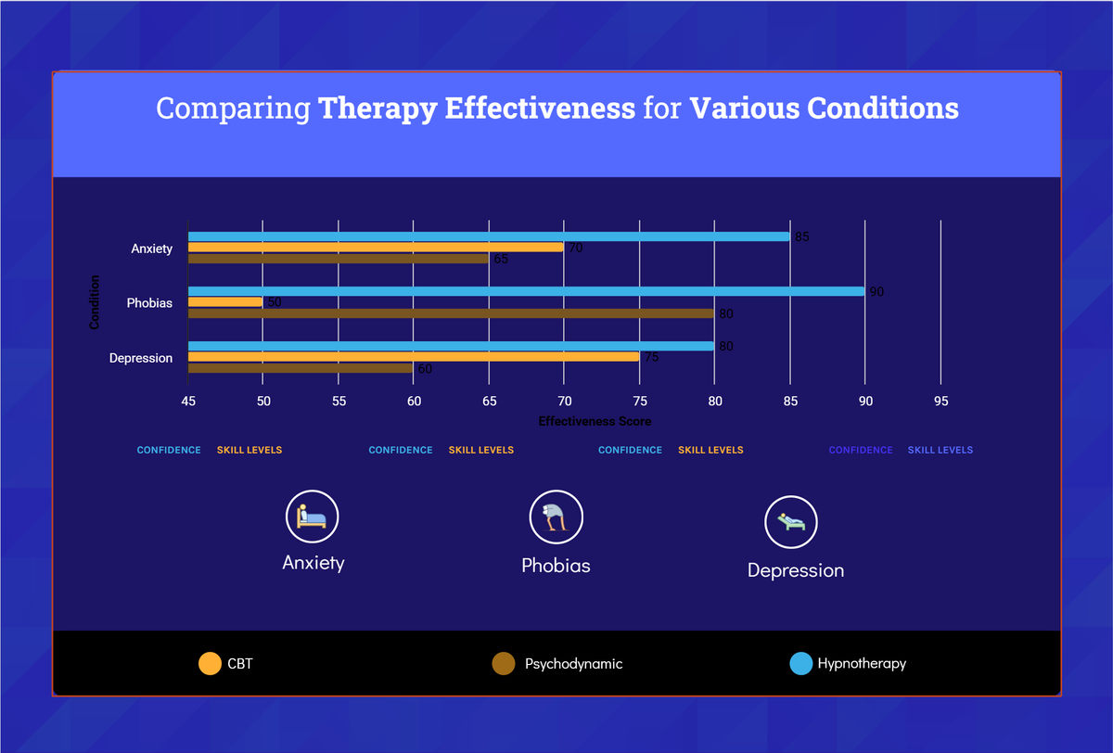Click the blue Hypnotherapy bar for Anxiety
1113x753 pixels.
[x=489, y=236]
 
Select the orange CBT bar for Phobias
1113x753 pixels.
[x=225, y=302]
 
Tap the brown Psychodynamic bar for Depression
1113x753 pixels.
[x=301, y=368]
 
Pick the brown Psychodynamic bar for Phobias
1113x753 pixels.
[x=451, y=313]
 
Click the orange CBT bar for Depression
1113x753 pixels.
[x=414, y=357]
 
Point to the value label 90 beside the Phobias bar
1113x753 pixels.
[x=876, y=292]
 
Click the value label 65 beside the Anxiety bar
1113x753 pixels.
[x=501, y=260]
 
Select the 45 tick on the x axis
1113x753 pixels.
[x=188, y=402]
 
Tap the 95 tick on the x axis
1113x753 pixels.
[x=940, y=402]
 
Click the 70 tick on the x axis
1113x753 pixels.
[x=564, y=402]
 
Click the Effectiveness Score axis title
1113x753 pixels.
[x=595, y=421]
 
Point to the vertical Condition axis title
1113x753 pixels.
[x=95, y=302]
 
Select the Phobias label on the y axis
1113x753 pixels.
[x=149, y=303]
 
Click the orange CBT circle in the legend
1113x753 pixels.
[x=210, y=664]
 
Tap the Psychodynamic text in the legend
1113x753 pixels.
[x=573, y=664]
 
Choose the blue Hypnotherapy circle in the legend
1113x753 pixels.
[x=801, y=664]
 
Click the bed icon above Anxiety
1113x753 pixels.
[x=313, y=517]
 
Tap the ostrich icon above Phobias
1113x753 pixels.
[x=556, y=517]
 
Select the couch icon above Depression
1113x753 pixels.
[x=791, y=522]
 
